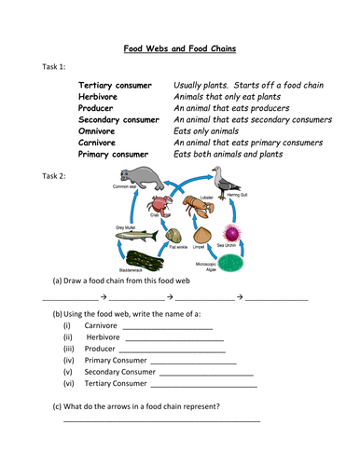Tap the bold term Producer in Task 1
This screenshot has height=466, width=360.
[99, 108]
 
